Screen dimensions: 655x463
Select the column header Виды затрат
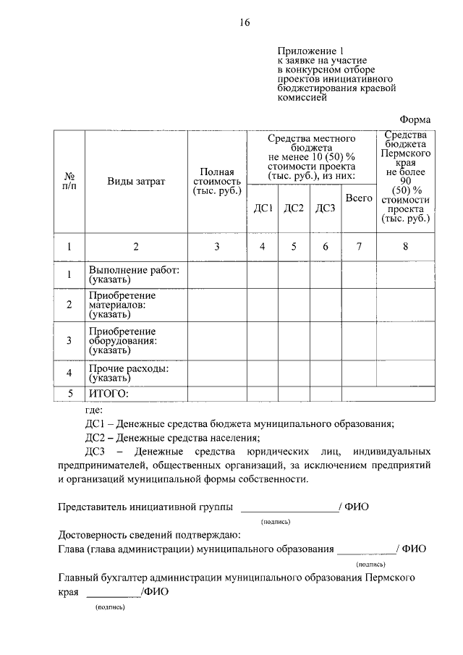(136, 181)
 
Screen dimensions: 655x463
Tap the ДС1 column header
(263, 208)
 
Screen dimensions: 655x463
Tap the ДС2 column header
(294, 208)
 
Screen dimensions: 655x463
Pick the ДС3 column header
(326, 208)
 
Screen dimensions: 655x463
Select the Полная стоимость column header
(217, 181)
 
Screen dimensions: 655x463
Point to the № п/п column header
(69, 181)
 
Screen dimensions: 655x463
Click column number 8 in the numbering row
(405, 247)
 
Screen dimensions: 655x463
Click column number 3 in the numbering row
(217, 247)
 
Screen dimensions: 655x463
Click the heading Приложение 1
(308, 51)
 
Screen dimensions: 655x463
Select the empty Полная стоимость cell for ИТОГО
(217, 394)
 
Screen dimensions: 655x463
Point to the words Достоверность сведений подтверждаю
(145, 535)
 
